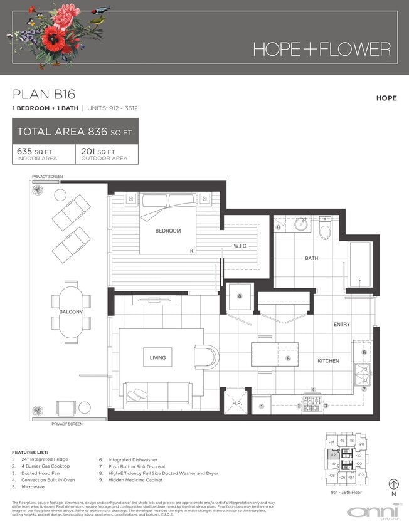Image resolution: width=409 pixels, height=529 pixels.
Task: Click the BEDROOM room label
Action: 168,231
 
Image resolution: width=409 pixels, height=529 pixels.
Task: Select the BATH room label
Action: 312,258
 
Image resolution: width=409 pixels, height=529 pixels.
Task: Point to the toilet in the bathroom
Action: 324,230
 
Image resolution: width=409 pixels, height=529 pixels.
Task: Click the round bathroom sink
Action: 300,224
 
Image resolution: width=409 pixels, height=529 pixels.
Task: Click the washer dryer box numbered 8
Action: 239,296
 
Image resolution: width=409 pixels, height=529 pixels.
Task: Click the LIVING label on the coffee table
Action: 157,358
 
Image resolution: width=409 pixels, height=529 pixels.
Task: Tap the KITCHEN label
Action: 327,361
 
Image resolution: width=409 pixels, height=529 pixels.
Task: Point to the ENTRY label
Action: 342,325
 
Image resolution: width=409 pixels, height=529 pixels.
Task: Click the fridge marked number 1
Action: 262,407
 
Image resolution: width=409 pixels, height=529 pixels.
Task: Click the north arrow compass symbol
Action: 395,484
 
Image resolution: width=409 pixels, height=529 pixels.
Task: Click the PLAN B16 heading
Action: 44,95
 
